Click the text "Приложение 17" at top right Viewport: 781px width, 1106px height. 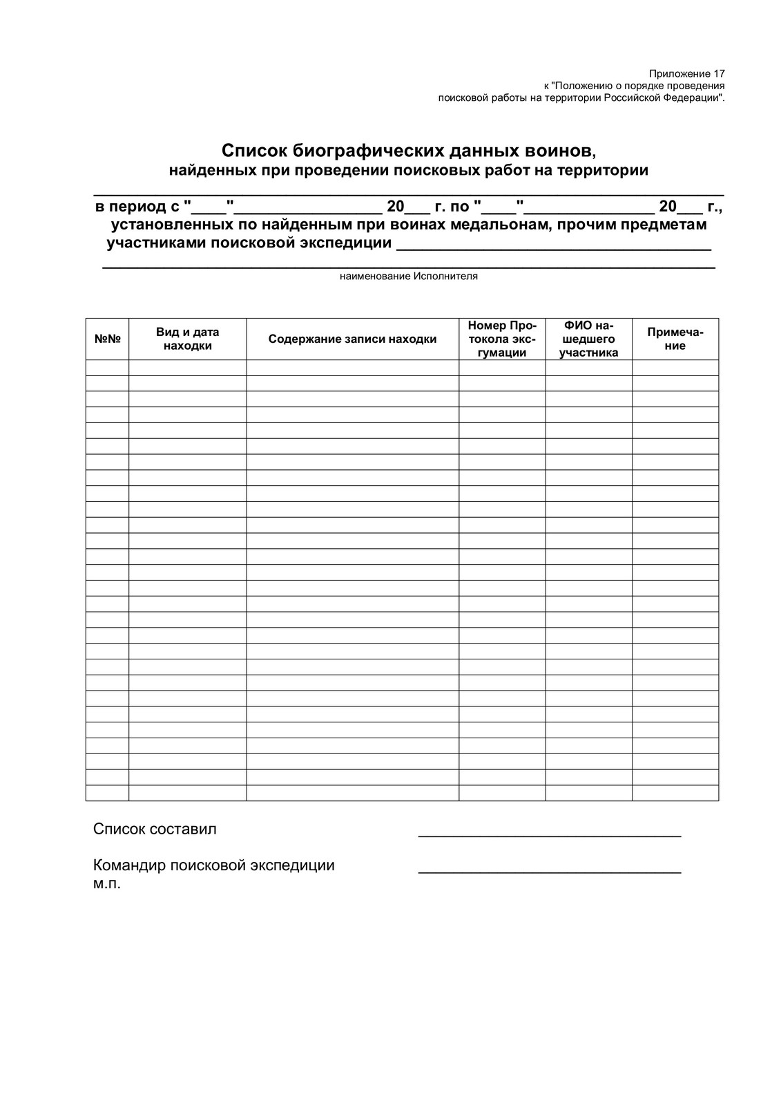[x=687, y=73]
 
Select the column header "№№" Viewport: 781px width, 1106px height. [x=107, y=339]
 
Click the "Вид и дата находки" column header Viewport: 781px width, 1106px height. [x=187, y=339]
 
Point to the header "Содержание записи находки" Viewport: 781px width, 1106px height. [x=352, y=339]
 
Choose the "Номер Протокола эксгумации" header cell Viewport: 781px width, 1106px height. [x=502, y=339]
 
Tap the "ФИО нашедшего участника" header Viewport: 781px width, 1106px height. [x=588, y=339]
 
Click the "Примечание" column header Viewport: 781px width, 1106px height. [x=675, y=339]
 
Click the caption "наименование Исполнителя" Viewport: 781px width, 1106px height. [x=408, y=276]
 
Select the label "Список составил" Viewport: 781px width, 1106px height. [x=155, y=829]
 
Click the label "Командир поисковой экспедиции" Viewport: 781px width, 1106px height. [x=213, y=865]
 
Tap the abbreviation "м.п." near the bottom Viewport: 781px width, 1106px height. [x=106, y=883]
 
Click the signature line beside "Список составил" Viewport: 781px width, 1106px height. [x=549, y=836]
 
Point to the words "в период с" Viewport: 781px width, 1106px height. [x=137, y=206]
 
